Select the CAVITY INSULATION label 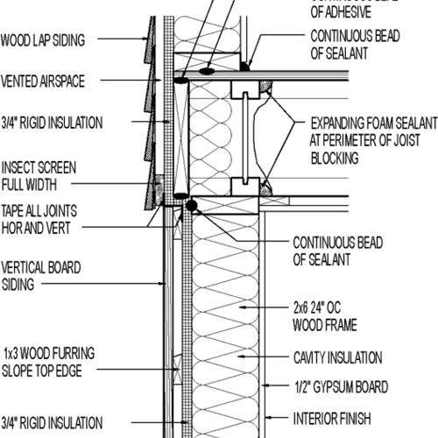pos(336,357)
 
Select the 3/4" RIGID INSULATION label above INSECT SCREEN pos(52,122)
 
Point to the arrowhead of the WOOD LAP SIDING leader pos(147,39)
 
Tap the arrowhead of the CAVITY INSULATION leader pos(237,357)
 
